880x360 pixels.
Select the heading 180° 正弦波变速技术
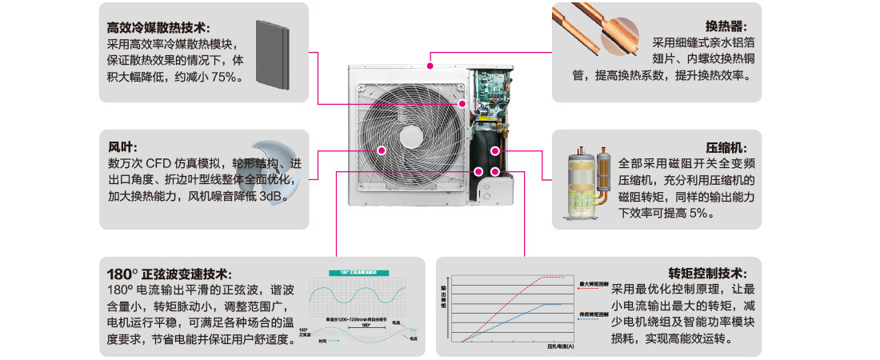167,272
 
